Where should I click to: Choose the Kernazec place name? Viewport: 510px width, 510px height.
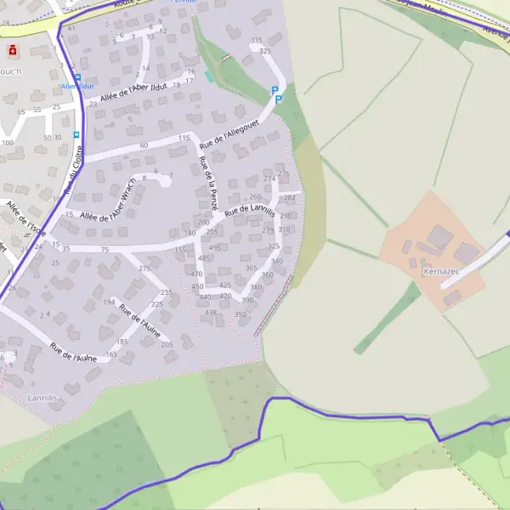[x=440, y=272]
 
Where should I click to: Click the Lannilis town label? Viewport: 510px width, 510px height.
[x=42, y=397]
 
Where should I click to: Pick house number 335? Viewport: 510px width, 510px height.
[x=256, y=41]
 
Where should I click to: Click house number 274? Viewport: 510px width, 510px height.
[x=269, y=178]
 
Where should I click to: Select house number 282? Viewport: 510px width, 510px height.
[x=290, y=197]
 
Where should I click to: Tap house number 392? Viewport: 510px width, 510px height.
[x=241, y=314]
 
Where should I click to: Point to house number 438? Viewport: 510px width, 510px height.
[x=211, y=312]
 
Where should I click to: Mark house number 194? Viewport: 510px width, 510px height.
[x=110, y=302]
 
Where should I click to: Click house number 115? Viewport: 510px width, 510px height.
[x=184, y=138]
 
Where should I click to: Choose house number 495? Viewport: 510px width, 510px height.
[x=215, y=247]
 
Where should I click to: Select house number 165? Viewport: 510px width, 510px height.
[x=112, y=354]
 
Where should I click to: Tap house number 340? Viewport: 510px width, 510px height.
[x=277, y=261]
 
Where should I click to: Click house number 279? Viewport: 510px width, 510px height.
[x=269, y=230]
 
